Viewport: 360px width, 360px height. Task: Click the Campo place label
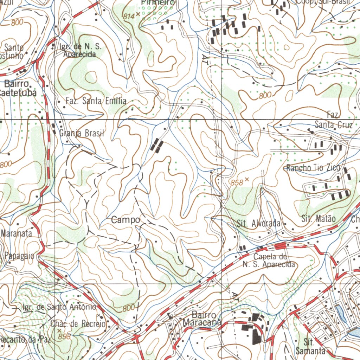point(126,220)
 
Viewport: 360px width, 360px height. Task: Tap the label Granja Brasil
point(82,134)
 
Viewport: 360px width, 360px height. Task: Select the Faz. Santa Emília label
point(96,101)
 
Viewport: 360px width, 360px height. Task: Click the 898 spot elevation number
point(65,337)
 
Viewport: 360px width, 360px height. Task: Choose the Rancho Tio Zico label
point(313,168)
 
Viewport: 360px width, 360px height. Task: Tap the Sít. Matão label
point(319,219)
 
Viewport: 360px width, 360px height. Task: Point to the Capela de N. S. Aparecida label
point(269,261)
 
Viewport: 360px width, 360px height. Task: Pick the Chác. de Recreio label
point(78,323)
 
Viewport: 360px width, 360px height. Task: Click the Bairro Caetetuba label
point(18,88)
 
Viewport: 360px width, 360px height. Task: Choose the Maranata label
point(17,233)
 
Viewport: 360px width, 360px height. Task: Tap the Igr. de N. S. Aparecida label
point(79,50)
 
